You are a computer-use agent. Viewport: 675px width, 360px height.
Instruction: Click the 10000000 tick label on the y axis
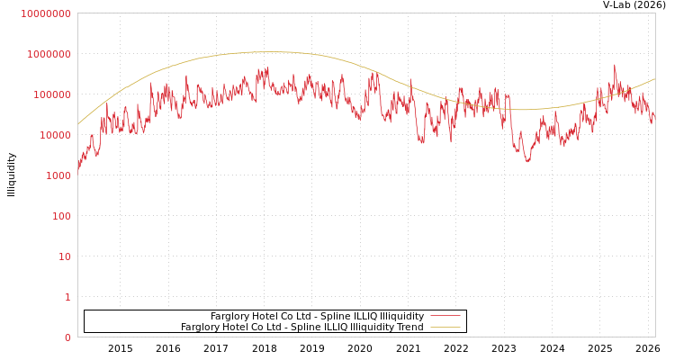[x=45, y=13]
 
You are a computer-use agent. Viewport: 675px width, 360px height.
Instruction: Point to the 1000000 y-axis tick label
[x=49, y=54]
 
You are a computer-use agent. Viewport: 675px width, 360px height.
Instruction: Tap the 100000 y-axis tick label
[x=51, y=94]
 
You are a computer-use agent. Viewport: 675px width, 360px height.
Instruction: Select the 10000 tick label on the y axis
[x=54, y=135]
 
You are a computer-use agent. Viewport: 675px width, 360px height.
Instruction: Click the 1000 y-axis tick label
[x=58, y=175]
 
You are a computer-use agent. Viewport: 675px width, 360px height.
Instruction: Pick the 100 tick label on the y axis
[x=60, y=216]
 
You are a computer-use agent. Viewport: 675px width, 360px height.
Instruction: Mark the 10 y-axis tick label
[x=65, y=256]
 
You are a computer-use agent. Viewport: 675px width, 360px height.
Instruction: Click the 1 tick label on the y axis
[x=67, y=297]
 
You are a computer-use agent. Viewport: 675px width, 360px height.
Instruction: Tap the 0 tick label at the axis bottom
[x=67, y=337]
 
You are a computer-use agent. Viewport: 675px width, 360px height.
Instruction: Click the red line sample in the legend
[x=445, y=316]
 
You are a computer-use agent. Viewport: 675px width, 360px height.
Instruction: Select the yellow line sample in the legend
[x=445, y=327]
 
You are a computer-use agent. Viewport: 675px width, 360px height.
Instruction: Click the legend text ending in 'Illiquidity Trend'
[x=301, y=327]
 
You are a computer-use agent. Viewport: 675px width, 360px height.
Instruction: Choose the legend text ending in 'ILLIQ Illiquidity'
[x=317, y=316]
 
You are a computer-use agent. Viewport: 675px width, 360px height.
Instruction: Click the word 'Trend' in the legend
[x=409, y=327]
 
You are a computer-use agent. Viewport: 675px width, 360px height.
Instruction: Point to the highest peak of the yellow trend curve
[x=270, y=51]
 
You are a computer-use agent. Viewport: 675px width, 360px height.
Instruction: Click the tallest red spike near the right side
[x=615, y=65]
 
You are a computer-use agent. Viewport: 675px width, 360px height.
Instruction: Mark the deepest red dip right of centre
[x=528, y=161]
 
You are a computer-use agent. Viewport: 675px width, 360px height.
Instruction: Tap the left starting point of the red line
[x=78, y=168]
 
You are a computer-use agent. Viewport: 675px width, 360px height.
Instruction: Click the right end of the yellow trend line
[x=654, y=79]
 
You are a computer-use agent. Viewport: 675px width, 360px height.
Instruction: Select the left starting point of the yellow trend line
[x=78, y=124]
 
